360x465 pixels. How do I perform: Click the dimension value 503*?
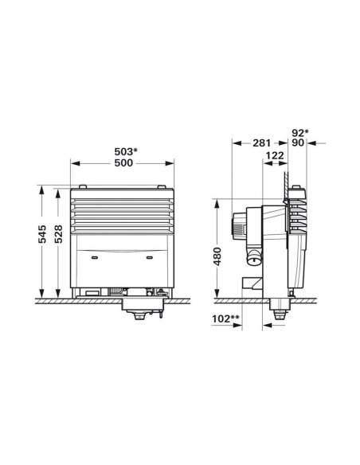click(123, 150)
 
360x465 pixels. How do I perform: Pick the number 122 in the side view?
click(275, 158)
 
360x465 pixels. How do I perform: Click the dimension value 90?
click(297, 144)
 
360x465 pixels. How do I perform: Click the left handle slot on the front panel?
click(96, 259)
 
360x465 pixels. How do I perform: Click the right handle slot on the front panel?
click(149, 259)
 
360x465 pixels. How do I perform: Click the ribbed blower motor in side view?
click(238, 226)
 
